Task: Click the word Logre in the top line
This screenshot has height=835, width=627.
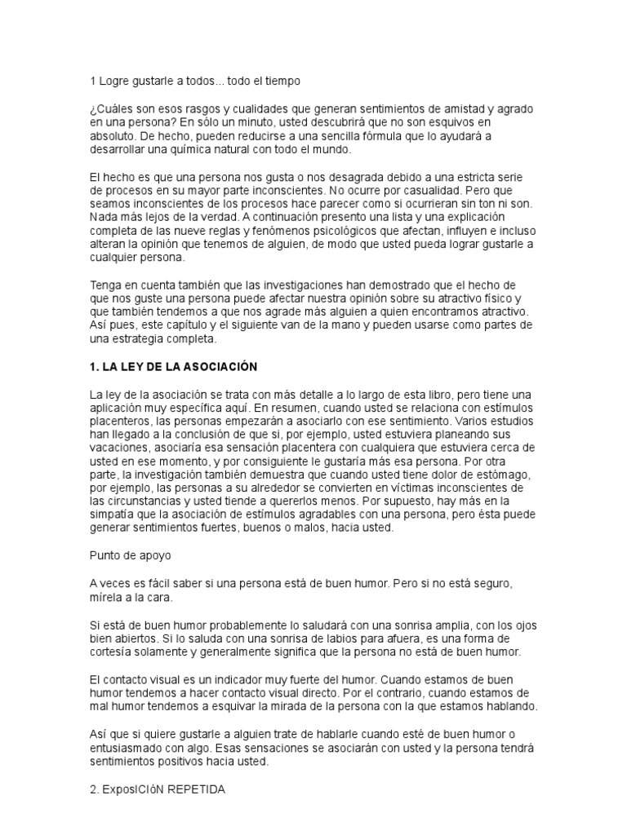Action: tap(113, 82)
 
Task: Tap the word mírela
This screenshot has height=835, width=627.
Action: tap(107, 597)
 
